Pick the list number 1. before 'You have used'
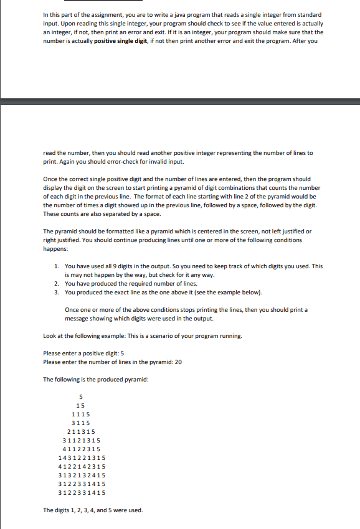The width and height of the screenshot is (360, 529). pyautogui.click(x=57, y=266)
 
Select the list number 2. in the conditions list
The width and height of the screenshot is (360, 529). pyautogui.click(x=57, y=284)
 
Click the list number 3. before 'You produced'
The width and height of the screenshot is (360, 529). pyautogui.click(x=57, y=293)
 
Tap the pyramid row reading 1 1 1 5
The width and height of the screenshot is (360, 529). pyautogui.click(x=81, y=414)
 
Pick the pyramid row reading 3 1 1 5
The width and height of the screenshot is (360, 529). pyautogui.click(x=81, y=423)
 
